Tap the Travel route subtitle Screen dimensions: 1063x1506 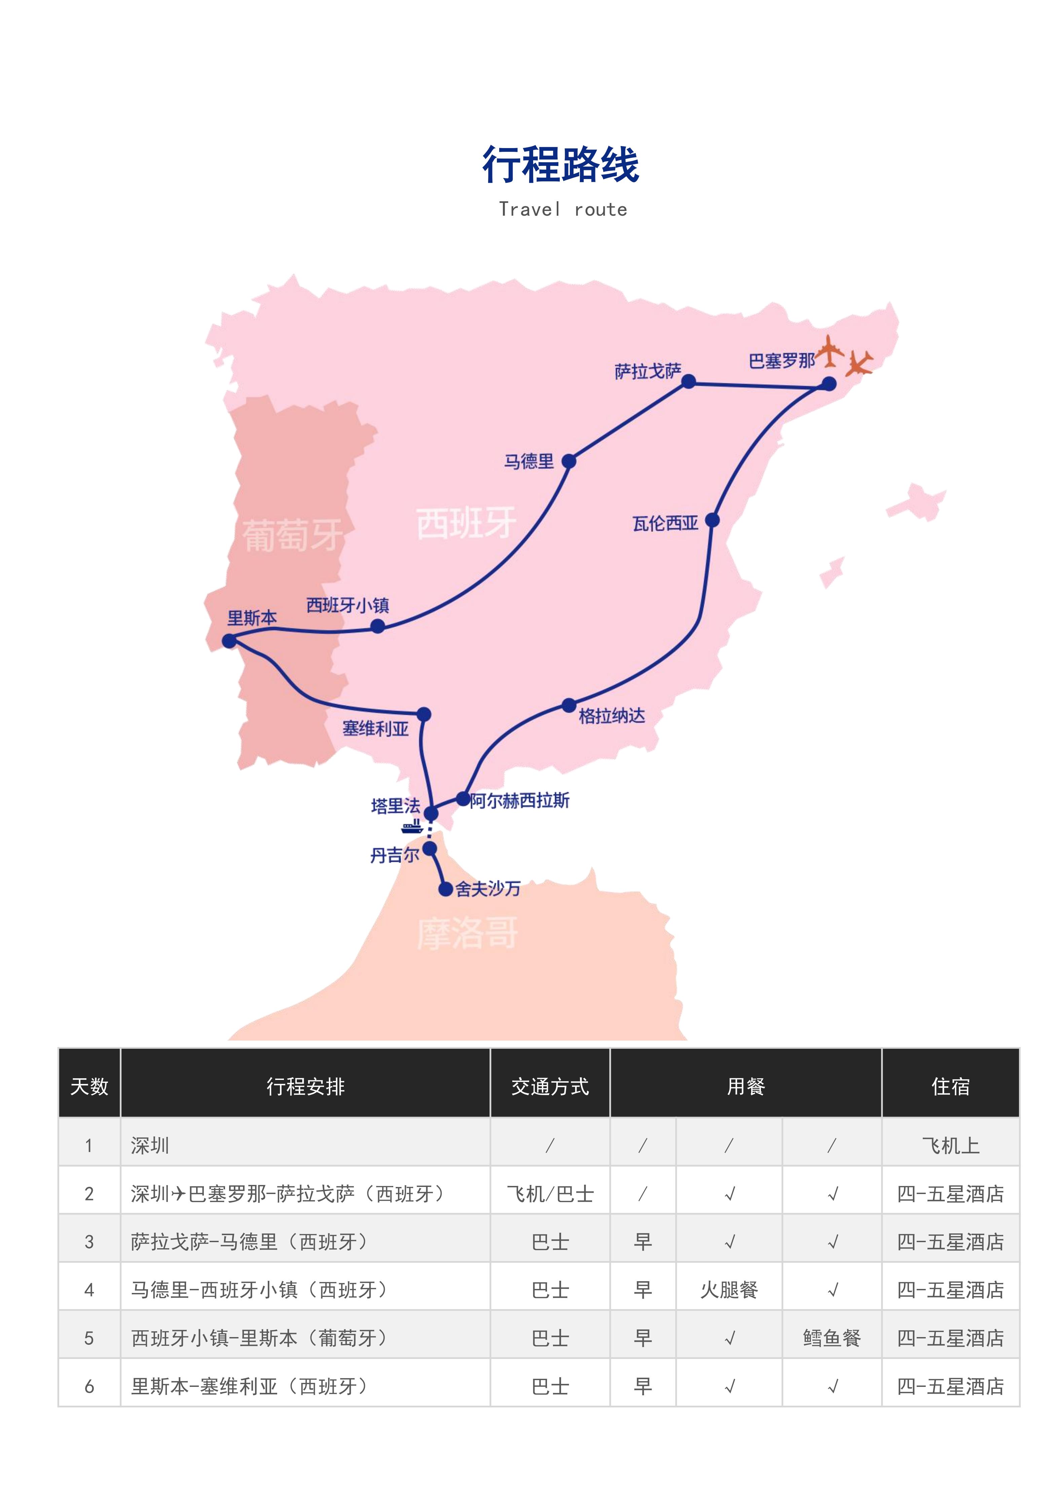point(563,209)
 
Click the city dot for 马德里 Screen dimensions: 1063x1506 point(569,461)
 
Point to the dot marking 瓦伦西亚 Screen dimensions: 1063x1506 point(712,520)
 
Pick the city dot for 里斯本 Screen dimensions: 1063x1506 point(229,640)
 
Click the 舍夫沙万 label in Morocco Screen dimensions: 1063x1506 point(488,889)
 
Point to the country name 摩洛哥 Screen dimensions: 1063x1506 point(468,933)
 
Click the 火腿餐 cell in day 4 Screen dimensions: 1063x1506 point(729,1290)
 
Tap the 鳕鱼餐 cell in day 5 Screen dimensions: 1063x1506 point(832,1338)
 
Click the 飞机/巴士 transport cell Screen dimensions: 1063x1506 point(550,1194)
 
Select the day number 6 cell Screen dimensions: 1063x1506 point(89,1387)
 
